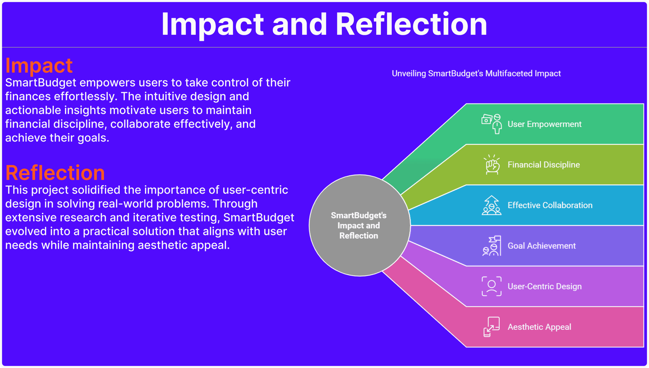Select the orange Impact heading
tap(39, 65)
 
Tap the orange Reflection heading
tap(55, 173)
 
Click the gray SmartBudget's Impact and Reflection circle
tap(360, 225)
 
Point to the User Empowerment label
tap(545, 124)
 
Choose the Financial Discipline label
tap(544, 165)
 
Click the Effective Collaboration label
tap(550, 205)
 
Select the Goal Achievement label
tap(542, 246)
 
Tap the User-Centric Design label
tap(545, 286)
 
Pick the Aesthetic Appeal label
tap(539, 327)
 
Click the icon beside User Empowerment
tap(491, 124)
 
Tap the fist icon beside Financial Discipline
tap(492, 165)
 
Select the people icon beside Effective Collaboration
tap(491, 205)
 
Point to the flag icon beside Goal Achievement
tap(492, 246)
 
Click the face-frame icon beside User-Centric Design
tap(491, 286)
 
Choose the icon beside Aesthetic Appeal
tap(491, 327)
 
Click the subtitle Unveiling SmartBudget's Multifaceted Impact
tap(476, 73)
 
